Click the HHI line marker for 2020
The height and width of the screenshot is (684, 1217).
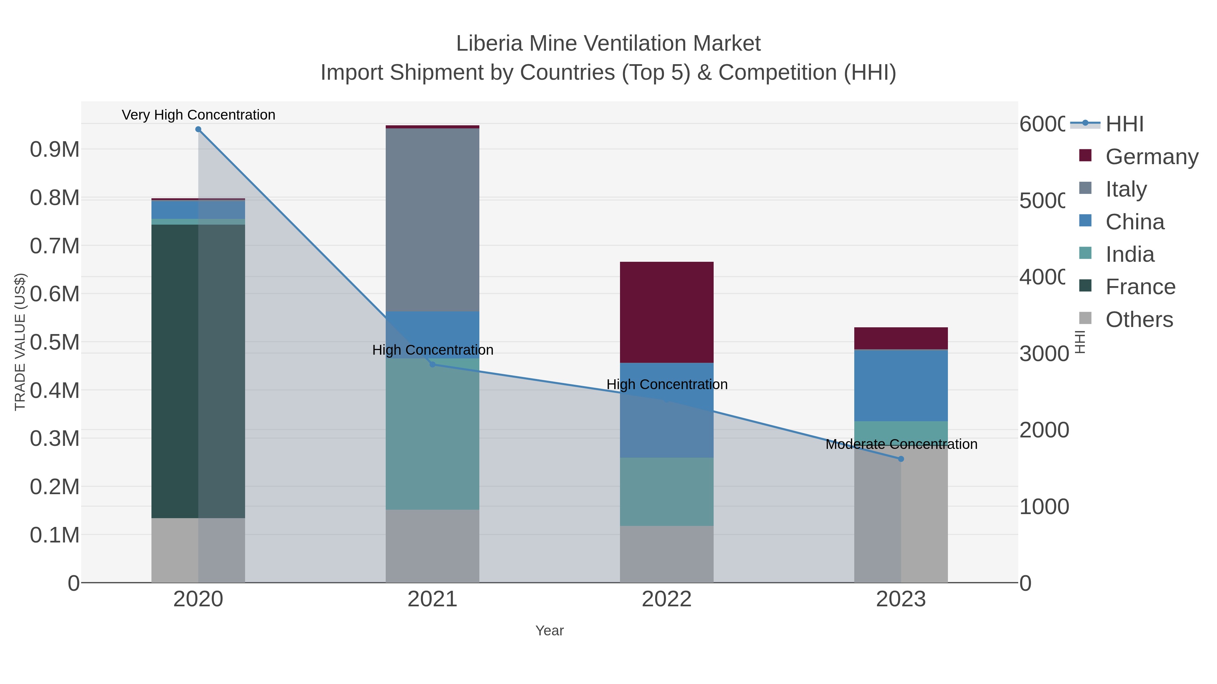pyautogui.click(x=198, y=129)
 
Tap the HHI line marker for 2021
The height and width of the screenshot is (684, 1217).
pyautogui.click(x=432, y=364)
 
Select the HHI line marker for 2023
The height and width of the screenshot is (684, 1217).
pyautogui.click(x=901, y=459)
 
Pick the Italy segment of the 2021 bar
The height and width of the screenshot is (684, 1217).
pyautogui.click(x=432, y=220)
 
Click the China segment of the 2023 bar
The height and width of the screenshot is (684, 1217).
pyautogui.click(x=901, y=385)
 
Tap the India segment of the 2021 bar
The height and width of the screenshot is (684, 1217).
pyautogui.click(x=432, y=434)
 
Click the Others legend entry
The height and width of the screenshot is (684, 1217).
pyautogui.click(x=1139, y=320)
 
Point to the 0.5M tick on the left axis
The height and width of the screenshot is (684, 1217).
pyautogui.click(x=54, y=342)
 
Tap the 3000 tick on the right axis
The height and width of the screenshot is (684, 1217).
pyautogui.click(x=1043, y=354)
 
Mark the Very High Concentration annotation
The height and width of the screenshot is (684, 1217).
pyautogui.click(x=198, y=115)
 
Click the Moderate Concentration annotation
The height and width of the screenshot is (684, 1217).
pyautogui.click(x=901, y=444)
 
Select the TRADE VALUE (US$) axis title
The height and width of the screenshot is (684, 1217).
pyautogui.click(x=20, y=342)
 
